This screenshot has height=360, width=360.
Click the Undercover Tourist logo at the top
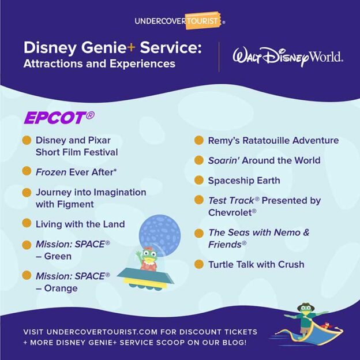coord(179,21)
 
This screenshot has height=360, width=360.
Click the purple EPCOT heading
coord(58,117)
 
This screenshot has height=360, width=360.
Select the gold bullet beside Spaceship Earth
coord(199,181)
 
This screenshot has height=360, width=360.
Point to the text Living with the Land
coord(80,223)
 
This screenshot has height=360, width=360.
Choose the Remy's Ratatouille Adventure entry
coord(273,140)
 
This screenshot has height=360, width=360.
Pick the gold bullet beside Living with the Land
coord(27,223)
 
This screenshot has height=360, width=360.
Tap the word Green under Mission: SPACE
coord(58,256)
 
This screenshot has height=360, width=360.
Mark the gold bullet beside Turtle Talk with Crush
coord(199,264)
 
